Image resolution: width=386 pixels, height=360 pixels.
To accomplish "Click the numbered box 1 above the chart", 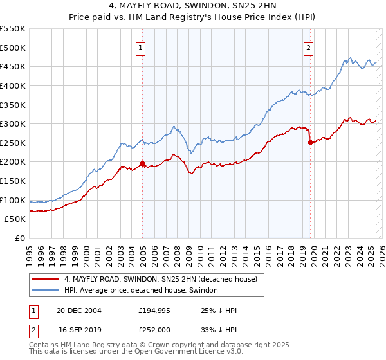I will (140, 47).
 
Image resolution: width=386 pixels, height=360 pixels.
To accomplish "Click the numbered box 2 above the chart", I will (309, 47).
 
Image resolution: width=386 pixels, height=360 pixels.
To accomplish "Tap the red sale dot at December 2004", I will (142, 163).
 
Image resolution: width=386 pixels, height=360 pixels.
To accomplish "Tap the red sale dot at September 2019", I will (310, 142).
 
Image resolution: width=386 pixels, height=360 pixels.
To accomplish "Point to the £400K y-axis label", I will (13, 85).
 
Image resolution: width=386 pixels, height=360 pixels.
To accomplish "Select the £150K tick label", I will (13, 181).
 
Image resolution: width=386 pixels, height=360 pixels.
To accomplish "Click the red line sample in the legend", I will (45, 280).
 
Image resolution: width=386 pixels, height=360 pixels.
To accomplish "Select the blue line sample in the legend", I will (45, 290).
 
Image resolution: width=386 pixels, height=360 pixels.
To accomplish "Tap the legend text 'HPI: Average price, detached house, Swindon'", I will (142, 290).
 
